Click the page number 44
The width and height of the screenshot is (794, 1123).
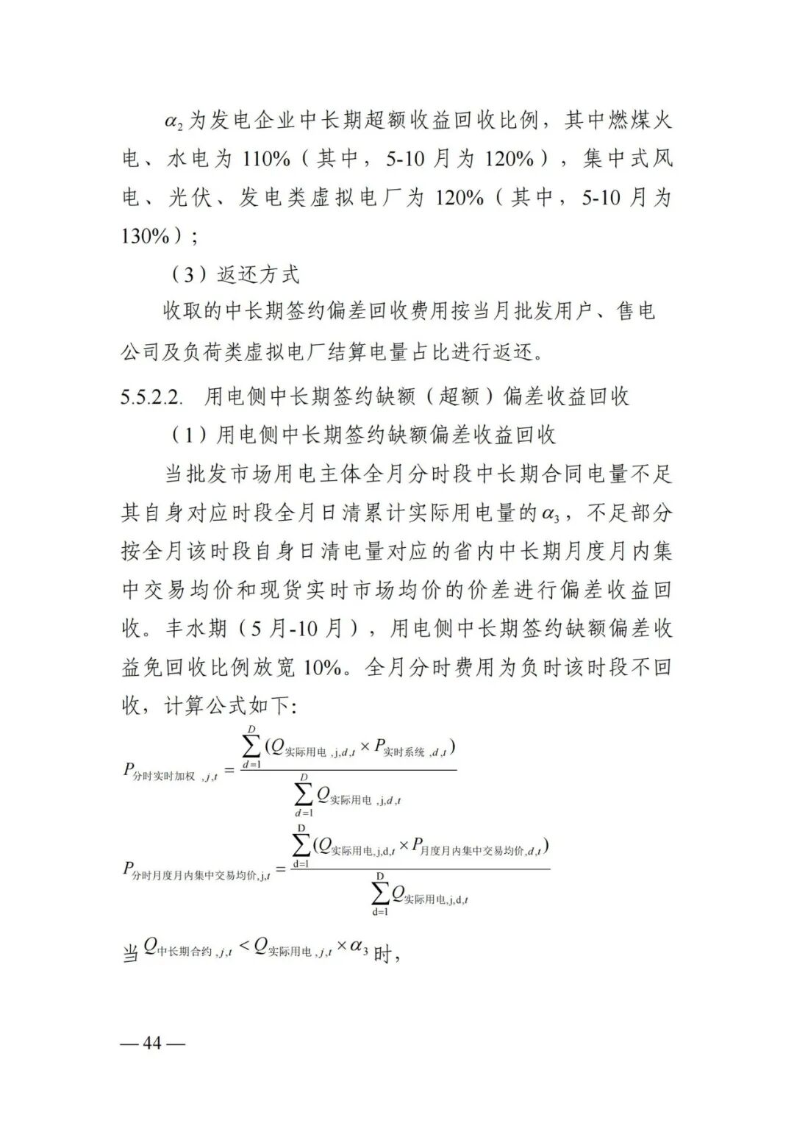pos(153,1043)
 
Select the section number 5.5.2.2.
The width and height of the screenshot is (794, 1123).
pos(151,396)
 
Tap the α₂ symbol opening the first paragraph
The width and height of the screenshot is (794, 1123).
pos(174,121)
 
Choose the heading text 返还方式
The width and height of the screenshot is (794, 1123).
pos(259,275)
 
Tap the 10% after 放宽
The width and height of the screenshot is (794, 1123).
pos(321,668)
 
